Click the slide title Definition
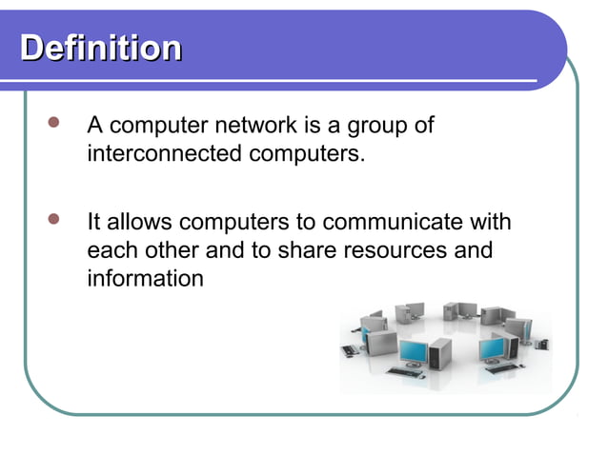tap(101, 48)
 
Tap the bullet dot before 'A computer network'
tap(54, 124)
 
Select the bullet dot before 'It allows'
tap(54, 221)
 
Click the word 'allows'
tap(141, 223)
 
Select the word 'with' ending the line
tap(488, 223)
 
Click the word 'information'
tap(144, 279)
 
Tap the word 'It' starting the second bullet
tap(94, 223)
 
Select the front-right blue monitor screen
tap(492, 348)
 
